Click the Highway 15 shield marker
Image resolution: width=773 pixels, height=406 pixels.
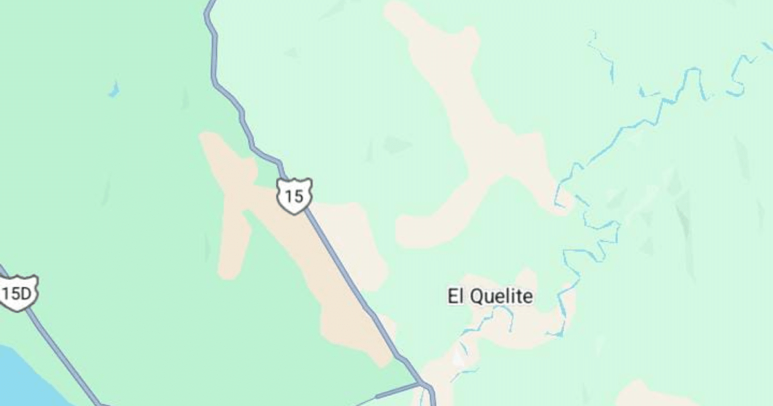tap(294, 196)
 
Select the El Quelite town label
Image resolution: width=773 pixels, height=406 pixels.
tap(490, 296)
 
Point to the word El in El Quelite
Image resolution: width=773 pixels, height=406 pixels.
tap(455, 296)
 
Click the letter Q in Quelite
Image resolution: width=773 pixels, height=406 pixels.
tap(478, 297)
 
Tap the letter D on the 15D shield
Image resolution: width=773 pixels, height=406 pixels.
tap(26, 294)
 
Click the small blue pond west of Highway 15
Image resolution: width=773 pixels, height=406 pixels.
tap(114, 90)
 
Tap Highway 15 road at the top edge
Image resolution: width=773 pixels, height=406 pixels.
tap(209, 6)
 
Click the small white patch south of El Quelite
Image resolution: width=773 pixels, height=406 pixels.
tap(459, 356)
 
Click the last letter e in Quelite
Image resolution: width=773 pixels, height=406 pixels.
tap(528, 297)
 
